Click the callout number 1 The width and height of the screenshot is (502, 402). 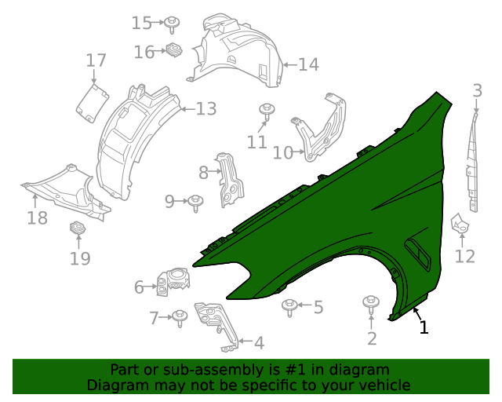[x=424, y=327]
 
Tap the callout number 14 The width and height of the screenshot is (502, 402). [x=308, y=64]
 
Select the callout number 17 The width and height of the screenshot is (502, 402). [x=96, y=60]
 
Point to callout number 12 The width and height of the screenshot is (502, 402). [x=465, y=256]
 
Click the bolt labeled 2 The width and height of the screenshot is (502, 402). [x=370, y=304]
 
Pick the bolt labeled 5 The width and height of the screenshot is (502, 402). [x=290, y=305]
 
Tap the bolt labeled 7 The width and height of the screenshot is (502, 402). [x=180, y=317]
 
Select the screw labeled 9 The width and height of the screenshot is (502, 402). [x=196, y=202]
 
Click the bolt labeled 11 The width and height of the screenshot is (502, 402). [x=267, y=110]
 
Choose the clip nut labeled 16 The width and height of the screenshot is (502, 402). [x=173, y=51]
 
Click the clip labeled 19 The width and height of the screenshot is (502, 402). [x=78, y=228]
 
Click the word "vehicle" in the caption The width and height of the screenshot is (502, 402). [x=381, y=385]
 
